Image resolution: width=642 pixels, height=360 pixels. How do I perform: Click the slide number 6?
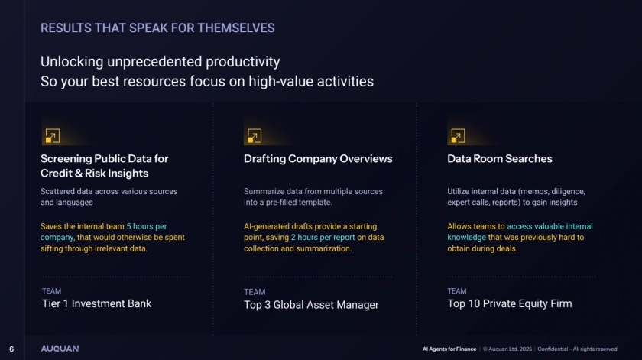(11, 349)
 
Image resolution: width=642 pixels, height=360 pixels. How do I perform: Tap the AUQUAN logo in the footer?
(60, 349)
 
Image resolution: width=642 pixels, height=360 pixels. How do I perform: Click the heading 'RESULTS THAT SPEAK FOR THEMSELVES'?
(157, 28)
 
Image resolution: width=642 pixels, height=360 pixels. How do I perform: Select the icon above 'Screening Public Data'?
(53, 135)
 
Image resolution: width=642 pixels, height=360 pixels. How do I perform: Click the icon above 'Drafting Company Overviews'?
(255, 135)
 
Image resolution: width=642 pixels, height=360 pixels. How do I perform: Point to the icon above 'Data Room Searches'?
(458, 135)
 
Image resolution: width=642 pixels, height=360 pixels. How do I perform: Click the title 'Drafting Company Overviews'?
(318, 159)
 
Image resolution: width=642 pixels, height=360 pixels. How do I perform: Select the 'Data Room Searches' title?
(500, 159)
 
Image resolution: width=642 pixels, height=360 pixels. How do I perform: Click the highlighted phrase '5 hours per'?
(147, 226)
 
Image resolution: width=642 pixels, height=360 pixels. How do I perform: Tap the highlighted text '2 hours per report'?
(323, 237)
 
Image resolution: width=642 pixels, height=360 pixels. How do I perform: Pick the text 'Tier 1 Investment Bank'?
(96, 303)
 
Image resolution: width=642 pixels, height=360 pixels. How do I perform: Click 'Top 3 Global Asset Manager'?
(311, 305)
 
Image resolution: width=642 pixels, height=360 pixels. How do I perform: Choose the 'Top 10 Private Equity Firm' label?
(509, 303)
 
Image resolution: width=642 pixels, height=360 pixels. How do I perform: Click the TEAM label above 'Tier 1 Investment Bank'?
(52, 290)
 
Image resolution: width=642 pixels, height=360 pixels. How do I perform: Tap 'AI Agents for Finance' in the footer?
(449, 349)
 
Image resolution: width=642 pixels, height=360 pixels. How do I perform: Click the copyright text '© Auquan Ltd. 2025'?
(507, 349)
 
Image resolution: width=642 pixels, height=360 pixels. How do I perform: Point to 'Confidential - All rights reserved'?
(577, 349)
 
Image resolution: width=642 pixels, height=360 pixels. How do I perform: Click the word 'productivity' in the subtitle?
(243, 62)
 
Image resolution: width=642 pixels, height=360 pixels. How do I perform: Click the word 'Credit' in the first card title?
(57, 174)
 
